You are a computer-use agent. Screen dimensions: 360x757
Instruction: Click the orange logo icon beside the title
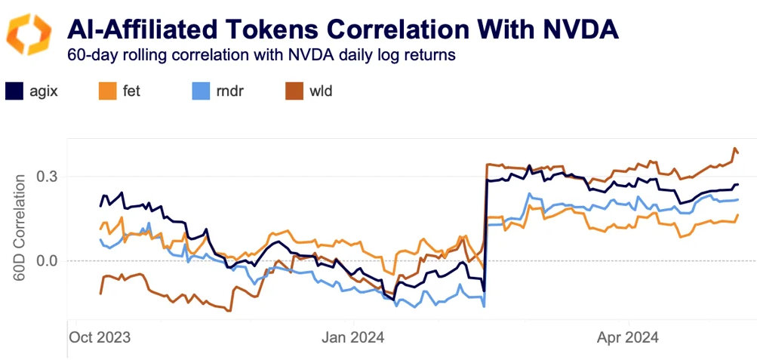click(29, 33)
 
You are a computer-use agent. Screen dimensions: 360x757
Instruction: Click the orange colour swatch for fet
click(108, 91)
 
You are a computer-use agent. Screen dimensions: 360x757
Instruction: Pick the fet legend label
click(133, 91)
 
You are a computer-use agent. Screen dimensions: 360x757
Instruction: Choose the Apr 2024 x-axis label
click(628, 337)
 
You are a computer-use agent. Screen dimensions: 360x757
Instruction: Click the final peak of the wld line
click(735, 149)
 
